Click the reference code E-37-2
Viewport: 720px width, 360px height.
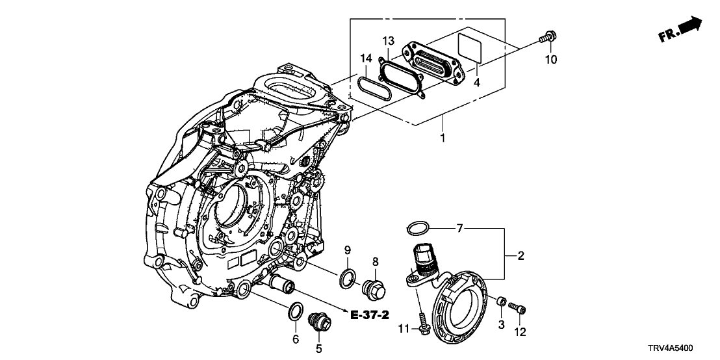point(369,316)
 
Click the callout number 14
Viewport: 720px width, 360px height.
point(366,58)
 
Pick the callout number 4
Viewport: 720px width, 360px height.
point(477,83)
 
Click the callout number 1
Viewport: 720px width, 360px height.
point(443,138)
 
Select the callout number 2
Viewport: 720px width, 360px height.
point(521,256)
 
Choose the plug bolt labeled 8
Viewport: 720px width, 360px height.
point(374,288)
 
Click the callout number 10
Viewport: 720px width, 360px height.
point(551,60)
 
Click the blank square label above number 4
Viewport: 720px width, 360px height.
point(470,45)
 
